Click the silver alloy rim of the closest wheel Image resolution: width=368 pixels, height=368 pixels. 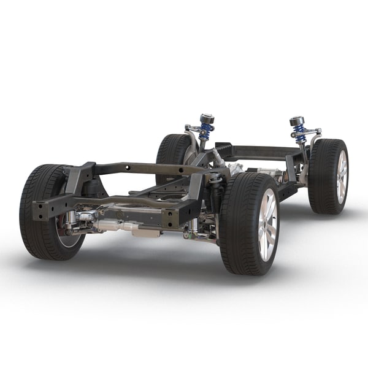pyautogui.click(x=267, y=224)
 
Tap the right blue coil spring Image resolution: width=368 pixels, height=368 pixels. pyautogui.click(x=299, y=134)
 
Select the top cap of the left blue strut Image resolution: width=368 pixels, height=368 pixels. pyautogui.click(x=207, y=118)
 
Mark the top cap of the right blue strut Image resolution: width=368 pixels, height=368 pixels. pyautogui.click(x=297, y=120)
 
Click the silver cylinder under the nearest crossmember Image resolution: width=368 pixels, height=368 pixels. pyautogui.click(x=117, y=226)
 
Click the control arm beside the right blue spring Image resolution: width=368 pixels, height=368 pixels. pyautogui.click(x=313, y=131)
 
